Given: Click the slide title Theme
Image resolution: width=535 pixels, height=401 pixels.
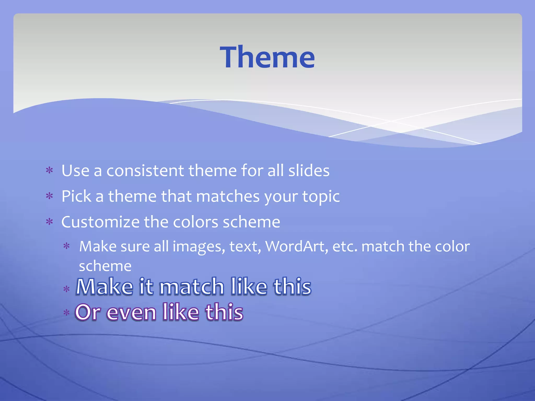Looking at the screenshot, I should pyautogui.click(x=267, y=57).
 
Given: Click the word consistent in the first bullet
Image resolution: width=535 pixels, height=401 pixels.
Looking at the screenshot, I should pyautogui.click(x=145, y=171).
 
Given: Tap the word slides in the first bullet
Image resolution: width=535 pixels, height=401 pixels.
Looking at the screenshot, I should pyautogui.click(x=309, y=171).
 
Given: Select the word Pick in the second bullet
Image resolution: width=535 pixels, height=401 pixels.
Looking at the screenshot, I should pyautogui.click(x=76, y=196).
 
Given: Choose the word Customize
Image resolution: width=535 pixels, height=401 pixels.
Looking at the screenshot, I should pyautogui.click(x=100, y=222).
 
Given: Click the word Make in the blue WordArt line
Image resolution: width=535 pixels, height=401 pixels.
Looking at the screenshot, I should pyautogui.click(x=104, y=287).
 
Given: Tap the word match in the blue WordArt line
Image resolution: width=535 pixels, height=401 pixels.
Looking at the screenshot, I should pyautogui.click(x=192, y=287).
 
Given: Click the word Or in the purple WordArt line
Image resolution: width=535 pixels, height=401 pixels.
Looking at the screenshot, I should pyautogui.click(x=88, y=312).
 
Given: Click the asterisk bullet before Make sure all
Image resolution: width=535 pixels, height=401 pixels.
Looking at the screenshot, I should pyautogui.click(x=67, y=246).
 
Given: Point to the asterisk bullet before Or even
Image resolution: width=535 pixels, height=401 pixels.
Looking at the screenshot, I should pyautogui.click(x=67, y=313).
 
